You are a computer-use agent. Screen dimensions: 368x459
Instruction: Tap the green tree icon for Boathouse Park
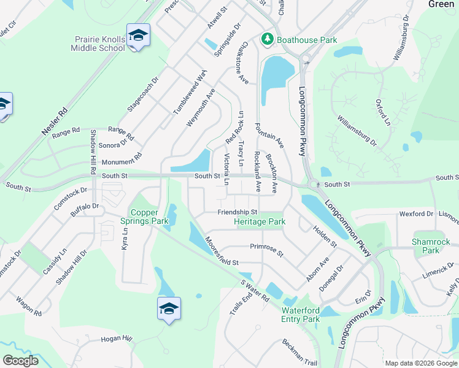tap(268, 40)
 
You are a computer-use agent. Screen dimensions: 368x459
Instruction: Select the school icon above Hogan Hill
tap(169, 308)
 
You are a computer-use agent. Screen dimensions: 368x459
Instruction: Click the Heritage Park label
tap(260, 221)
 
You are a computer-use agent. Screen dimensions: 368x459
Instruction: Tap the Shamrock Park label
tap(426, 246)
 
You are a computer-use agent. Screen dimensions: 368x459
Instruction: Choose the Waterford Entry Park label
tap(301, 315)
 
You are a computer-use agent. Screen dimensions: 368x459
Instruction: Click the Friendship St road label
tap(237, 212)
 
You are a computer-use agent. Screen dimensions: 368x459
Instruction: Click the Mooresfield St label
tap(221, 251)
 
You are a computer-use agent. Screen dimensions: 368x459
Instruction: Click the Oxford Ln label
tap(382, 112)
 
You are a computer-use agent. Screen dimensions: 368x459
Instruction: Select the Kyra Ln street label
tap(126, 236)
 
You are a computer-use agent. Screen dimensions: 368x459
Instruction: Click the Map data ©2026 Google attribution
tap(421, 363)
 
